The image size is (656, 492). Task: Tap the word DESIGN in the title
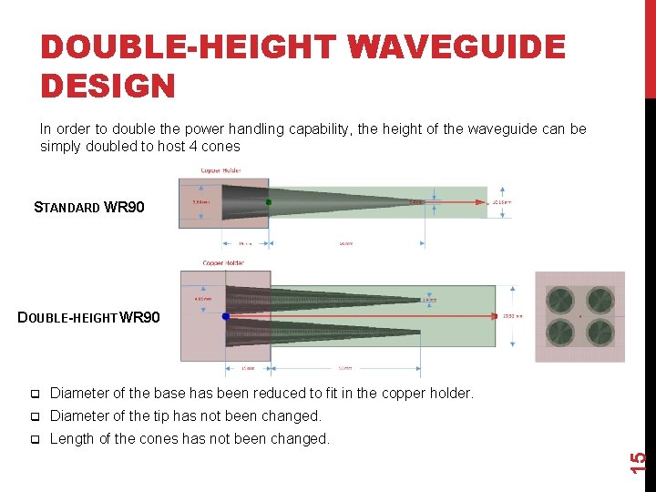click(x=108, y=85)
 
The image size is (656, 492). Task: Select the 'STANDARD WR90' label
click(x=88, y=207)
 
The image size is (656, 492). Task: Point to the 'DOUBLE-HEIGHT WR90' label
click(x=89, y=318)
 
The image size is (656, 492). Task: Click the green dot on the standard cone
click(x=268, y=201)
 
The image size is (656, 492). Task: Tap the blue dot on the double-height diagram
click(x=226, y=316)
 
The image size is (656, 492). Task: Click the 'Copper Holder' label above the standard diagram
click(x=220, y=170)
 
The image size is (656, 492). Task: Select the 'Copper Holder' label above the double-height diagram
click(x=226, y=263)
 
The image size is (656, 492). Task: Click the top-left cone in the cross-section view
click(x=560, y=300)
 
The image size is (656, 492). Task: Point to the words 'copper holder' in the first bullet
click(x=427, y=394)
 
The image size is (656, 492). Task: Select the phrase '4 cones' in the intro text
click(x=214, y=146)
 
